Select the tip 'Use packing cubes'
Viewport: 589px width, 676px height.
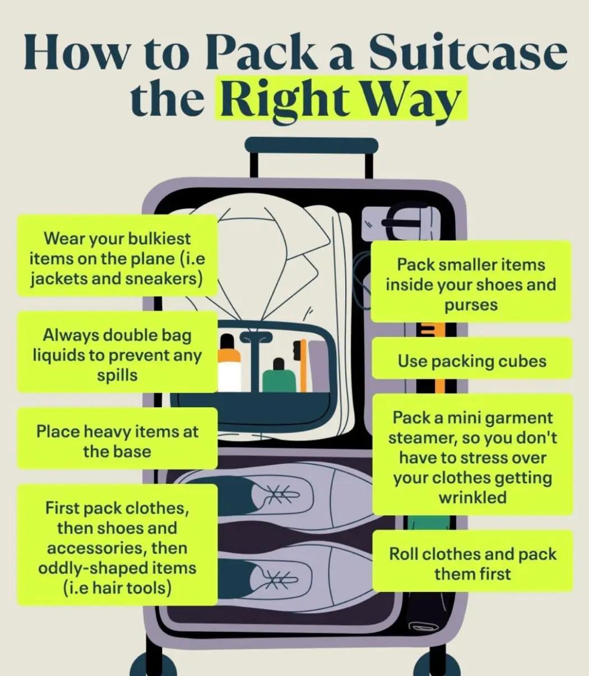tap(472, 360)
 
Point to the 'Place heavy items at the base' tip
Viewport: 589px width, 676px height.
tap(117, 441)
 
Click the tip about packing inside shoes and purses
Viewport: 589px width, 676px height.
tap(471, 285)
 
